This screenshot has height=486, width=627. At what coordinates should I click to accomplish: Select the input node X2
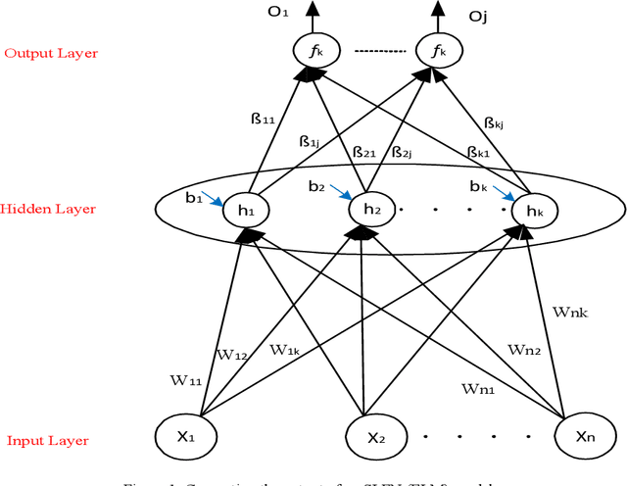368,434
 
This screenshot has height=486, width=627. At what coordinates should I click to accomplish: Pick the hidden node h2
367,208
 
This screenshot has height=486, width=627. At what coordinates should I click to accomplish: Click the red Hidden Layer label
48,209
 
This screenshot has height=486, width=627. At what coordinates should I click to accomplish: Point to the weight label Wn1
479,389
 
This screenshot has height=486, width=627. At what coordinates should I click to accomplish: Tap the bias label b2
315,185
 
